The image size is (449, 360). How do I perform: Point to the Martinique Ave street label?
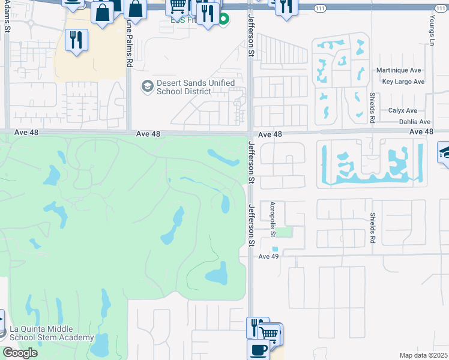click(399, 70)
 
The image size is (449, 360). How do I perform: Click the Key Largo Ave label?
click(403, 82)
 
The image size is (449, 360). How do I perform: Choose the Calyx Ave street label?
click(402, 110)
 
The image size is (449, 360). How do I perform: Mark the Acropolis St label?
click(272, 214)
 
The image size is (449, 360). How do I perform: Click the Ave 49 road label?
click(269, 256)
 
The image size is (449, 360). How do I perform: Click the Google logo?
click(20, 353)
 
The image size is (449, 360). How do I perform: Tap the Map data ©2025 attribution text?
click(424, 355)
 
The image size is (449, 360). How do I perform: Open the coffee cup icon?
click(258, 349)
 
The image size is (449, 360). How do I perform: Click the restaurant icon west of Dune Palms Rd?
click(76, 40)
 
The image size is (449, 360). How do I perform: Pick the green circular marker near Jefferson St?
click(224, 19)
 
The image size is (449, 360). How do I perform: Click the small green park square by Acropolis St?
click(287, 232)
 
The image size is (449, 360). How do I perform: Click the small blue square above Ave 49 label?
click(275, 249)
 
